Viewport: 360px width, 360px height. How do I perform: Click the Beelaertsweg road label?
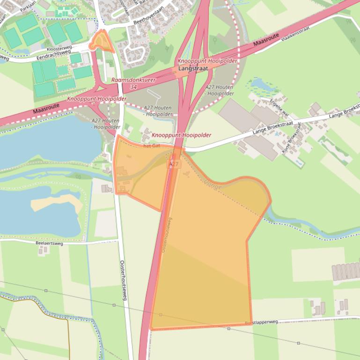[x=49, y=243]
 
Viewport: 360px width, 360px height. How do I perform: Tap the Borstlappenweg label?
[x=261, y=322]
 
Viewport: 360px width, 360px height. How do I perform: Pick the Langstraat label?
[x=193, y=68]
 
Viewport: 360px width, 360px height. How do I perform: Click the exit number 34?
[x=134, y=87]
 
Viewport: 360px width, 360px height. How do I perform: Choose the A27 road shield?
[x=174, y=164]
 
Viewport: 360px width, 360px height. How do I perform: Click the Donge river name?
[x=213, y=185]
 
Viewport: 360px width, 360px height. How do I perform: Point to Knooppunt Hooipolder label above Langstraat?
[x=207, y=61]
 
